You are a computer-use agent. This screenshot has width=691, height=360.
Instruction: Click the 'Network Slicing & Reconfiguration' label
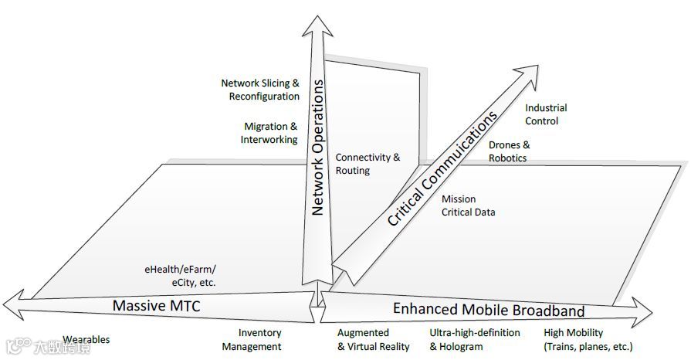(x=260, y=90)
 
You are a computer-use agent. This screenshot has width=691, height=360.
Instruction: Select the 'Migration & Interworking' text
(x=269, y=133)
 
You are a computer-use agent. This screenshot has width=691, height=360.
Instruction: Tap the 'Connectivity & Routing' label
(x=368, y=164)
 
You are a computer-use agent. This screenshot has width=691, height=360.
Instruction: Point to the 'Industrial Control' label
(x=546, y=114)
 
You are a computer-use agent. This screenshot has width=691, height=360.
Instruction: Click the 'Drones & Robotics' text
(x=509, y=151)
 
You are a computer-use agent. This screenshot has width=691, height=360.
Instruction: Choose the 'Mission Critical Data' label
(x=468, y=205)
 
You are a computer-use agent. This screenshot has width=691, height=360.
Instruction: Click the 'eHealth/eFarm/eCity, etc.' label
(x=180, y=276)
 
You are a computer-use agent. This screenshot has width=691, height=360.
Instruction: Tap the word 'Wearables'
(x=86, y=340)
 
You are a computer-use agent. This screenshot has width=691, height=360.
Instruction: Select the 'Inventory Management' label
(x=252, y=340)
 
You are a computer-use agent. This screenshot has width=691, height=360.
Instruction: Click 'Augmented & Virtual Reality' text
(x=373, y=340)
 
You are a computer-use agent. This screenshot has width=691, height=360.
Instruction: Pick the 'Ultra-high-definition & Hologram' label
(x=474, y=340)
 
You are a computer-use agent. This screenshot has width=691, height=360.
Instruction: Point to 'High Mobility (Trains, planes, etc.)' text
(x=588, y=340)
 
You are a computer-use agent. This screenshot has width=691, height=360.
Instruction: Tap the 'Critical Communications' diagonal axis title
(x=441, y=170)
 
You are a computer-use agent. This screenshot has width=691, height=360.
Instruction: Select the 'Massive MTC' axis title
(x=156, y=306)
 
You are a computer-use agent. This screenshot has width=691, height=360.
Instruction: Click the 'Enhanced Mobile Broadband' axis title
(x=488, y=310)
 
